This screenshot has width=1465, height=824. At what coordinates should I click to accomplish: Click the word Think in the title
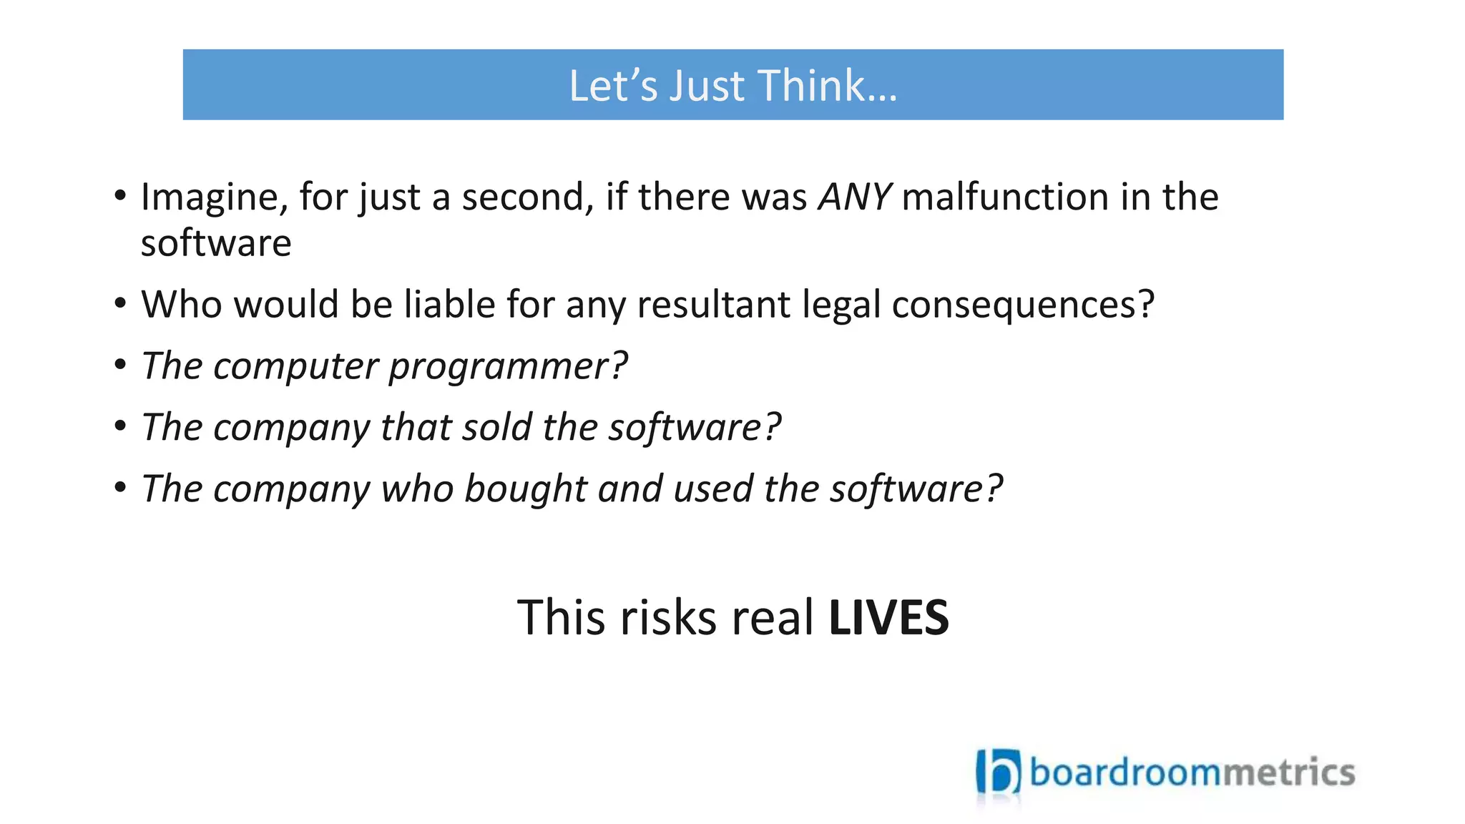click(x=826, y=86)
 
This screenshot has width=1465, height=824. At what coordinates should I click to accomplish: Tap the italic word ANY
click(x=854, y=197)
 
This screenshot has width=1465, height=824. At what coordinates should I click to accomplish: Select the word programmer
click(x=506, y=367)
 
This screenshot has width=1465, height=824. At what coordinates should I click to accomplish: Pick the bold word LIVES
click(x=888, y=618)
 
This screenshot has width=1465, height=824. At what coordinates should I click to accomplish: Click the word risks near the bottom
click(x=667, y=618)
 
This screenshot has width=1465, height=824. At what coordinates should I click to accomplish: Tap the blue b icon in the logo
click(x=999, y=773)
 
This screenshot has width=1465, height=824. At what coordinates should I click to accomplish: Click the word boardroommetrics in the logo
click(x=1192, y=772)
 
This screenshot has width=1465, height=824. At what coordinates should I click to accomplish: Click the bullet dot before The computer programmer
click(x=120, y=365)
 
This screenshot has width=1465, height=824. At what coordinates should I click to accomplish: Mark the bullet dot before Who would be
click(x=120, y=303)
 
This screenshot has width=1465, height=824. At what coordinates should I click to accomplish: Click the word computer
click(x=295, y=367)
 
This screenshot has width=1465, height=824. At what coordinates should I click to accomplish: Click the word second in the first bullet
click(x=527, y=197)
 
